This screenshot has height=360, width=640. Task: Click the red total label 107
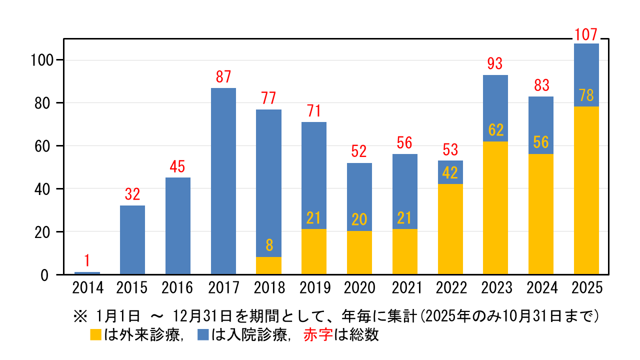tap(586, 35)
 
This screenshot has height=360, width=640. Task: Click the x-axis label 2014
tap(87, 288)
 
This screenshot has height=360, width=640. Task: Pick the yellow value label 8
tap(269, 245)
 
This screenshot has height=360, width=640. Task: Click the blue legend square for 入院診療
tap(203, 335)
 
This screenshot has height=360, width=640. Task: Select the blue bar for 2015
tap(132, 240)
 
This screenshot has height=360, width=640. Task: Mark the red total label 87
tap(223, 77)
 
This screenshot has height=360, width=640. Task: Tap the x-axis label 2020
tap(359, 288)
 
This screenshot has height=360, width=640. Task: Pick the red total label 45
tap(178, 166)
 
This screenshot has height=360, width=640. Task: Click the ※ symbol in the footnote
tap(80, 316)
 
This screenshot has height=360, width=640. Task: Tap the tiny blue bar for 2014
tap(87, 273)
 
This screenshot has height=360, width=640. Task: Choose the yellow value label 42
tap(450, 173)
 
